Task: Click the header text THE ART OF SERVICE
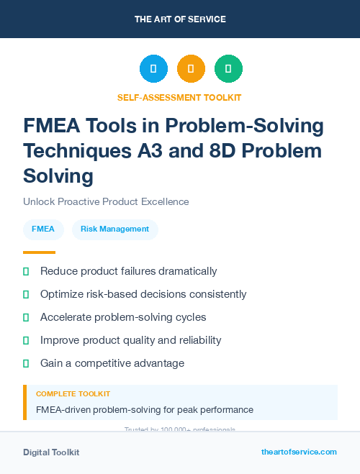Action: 180,19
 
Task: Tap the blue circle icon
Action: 153,69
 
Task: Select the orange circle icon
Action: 191,69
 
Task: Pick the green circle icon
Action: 228,69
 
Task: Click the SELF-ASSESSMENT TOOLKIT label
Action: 179,97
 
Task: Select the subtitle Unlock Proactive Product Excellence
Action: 106,202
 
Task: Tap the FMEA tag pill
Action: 43,229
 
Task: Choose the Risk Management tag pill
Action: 115,229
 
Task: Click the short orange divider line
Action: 39,252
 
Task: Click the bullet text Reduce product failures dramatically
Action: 128,271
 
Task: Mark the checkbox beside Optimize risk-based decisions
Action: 26,294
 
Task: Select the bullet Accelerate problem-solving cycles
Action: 123,317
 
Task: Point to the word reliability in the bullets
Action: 195,340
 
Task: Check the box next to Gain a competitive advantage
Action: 26,363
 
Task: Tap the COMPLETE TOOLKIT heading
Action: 73,394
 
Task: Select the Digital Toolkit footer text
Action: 51,452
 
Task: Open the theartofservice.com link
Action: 299,452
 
